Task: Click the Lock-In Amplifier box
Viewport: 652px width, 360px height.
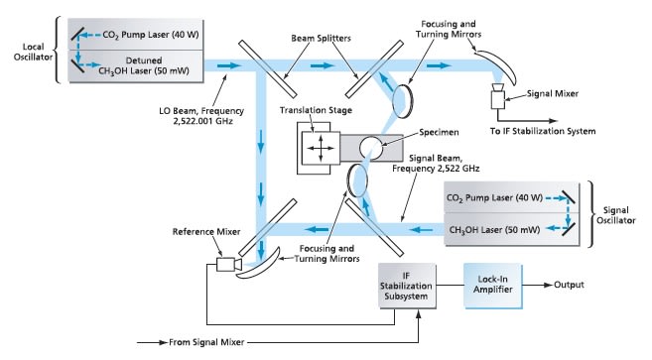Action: click(x=493, y=286)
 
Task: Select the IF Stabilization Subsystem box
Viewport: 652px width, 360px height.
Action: click(x=407, y=286)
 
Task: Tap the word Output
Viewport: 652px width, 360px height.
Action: click(x=569, y=285)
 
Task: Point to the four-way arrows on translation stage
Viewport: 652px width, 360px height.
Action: click(x=321, y=148)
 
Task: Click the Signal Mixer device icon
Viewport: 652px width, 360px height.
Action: click(x=498, y=96)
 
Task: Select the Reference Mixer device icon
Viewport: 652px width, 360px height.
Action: click(x=228, y=265)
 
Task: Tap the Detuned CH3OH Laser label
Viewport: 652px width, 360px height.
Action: click(x=144, y=65)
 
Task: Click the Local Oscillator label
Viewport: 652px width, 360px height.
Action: click(x=33, y=52)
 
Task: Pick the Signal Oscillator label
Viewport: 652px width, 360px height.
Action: click(x=616, y=215)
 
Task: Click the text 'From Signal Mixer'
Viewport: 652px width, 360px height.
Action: click(x=206, y=342)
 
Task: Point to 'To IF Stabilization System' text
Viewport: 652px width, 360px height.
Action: click(x=543, y=131)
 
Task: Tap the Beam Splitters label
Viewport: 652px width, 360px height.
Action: click(x=321, y=39)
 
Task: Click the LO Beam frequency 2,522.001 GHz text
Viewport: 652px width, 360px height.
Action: click(x=201, y=116)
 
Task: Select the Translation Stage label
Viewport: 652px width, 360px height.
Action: click(x=316, y=110)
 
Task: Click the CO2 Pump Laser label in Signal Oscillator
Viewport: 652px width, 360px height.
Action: click(x=494, y=198)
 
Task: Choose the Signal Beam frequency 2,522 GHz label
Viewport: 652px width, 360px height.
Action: click(x=436, y=164)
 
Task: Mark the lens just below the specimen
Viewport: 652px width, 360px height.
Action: click(x=357, y=180)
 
